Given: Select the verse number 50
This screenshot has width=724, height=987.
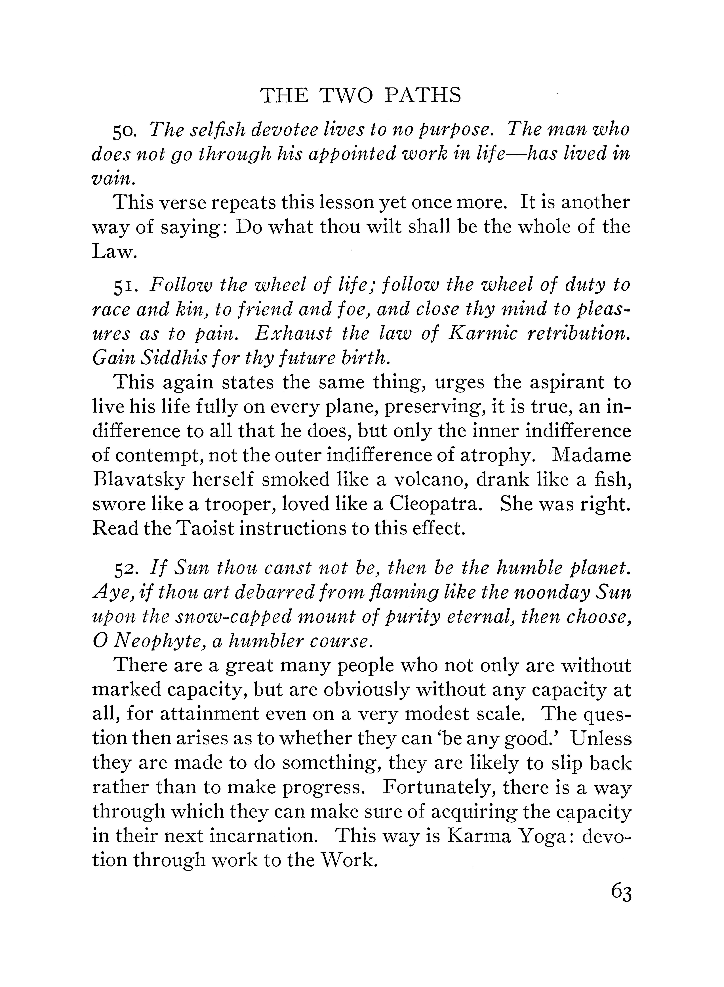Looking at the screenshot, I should tap(126, 131).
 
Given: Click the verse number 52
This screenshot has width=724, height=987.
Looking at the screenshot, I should tap(126, 569).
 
